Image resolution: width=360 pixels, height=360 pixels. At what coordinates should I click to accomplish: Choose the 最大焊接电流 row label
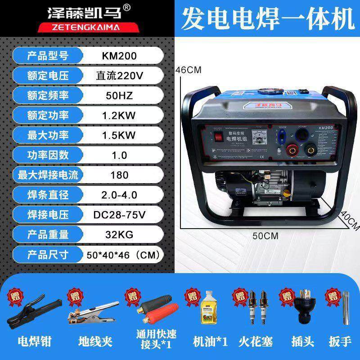(47, 175)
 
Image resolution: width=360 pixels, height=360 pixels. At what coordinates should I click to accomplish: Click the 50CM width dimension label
(265, 235)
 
